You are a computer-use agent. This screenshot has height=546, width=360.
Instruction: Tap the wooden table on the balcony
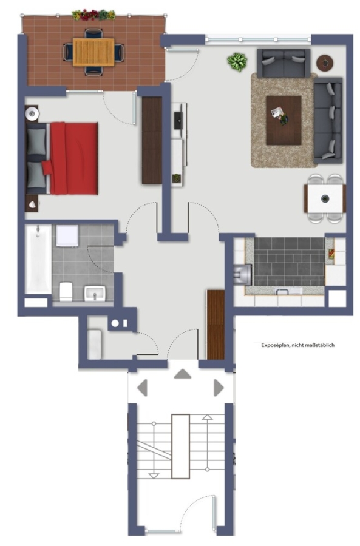pyautogui.click(x=93, y=52)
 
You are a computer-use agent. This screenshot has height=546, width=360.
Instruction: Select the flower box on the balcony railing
pyautogui.click(x=93, y=15)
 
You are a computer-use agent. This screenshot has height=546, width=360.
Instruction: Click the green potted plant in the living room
pyautogui.click(x=237, y=62)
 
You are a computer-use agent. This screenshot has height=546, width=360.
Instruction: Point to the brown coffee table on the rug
pyautogui.click(x=284, y=121)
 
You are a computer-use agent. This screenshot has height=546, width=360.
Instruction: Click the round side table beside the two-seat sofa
pyautogui.click(x=325, y=63)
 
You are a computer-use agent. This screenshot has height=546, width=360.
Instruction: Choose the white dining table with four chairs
pyautogui.click(x=325, y=198)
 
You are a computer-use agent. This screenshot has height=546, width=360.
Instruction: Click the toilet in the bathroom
pyautogui.click(x=66, y=291)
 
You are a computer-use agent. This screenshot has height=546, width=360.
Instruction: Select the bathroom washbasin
pyautogui.click(x=95, y=294)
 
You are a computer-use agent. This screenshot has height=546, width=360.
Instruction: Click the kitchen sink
pyautogui.click(x=242, y=275)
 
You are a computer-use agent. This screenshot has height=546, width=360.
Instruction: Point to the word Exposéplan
pyautogui.click(x=275, y=345)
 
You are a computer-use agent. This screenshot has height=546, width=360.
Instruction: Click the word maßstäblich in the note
pyautogui.click(x=319, y=345)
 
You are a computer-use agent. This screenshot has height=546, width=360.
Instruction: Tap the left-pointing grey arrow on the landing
pyautogui.click(x=142, y=388)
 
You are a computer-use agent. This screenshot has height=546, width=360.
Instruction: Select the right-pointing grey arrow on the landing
pyautogui.click(x=219, y=388)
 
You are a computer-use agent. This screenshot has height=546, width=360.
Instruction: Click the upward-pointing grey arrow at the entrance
pyautogui.click(x=183, y=374)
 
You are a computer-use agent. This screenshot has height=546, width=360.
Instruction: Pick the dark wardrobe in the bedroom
pyautogui.click(x=152, y=140)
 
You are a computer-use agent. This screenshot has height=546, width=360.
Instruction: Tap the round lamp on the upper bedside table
pyautogui.click(x=32, y=113)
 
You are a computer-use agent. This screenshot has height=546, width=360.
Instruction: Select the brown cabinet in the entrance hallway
pyautogui.click(x=216, y=325)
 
